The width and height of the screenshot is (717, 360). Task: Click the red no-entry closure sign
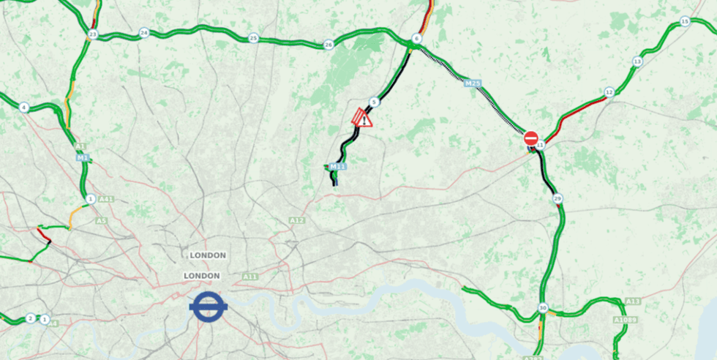[x=531, y=138]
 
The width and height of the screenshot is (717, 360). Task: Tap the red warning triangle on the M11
[x=363, y=119]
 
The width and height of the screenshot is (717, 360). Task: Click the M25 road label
[x=473, y=83]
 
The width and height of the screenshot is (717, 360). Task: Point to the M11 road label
[x=337, y=167]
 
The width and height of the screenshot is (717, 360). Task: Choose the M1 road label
[x=82, y=157]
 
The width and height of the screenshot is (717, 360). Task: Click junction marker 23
[x=92, y=34]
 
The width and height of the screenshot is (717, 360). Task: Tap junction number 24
[x=144, y=33]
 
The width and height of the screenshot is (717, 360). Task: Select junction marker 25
[x=253, y=38]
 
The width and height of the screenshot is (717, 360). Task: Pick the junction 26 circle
[x=329, y=45]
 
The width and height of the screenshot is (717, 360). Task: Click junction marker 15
[x=685, y=21]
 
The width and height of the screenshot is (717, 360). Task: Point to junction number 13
[x=637, y=61]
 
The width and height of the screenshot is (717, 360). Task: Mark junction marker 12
[x=609, y=92]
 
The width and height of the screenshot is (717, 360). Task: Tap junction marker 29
[x=558, y=198]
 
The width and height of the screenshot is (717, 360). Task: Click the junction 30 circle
[x=542, y=308]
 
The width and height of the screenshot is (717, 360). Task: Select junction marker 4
[x=24, y=108]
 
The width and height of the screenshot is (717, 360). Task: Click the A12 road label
[x=296, y=220]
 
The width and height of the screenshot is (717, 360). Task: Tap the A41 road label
[x=107, y=199]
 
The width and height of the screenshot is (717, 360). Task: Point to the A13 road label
[x=633, y=301]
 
